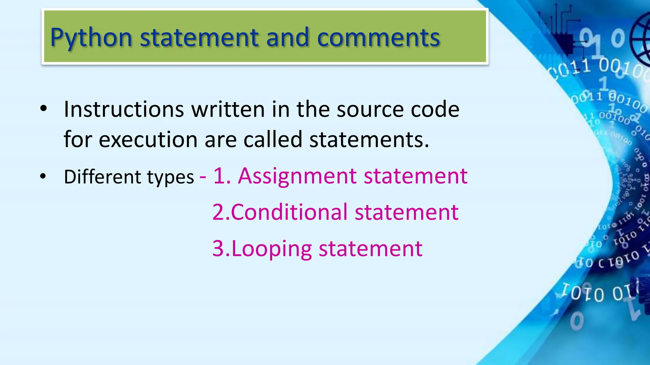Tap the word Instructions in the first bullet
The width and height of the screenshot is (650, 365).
coord(124,109)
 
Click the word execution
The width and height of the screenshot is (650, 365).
coord(148,139)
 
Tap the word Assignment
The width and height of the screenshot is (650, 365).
coord(297,176)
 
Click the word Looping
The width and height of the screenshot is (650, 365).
coord(272,249)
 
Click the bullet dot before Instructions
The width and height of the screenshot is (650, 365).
coord(43,109)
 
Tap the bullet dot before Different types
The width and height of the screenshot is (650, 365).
coord(43,176)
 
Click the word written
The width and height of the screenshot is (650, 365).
coord(228,109)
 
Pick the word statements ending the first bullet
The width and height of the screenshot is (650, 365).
coord(369,139)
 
